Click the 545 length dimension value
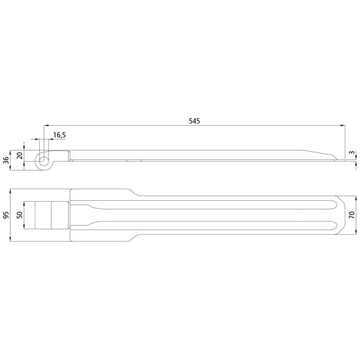[194, 121]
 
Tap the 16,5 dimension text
[59, 135]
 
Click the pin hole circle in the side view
[44, 159]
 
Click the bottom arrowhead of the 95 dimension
[13, 240]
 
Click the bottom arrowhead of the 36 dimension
[13, 167]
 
